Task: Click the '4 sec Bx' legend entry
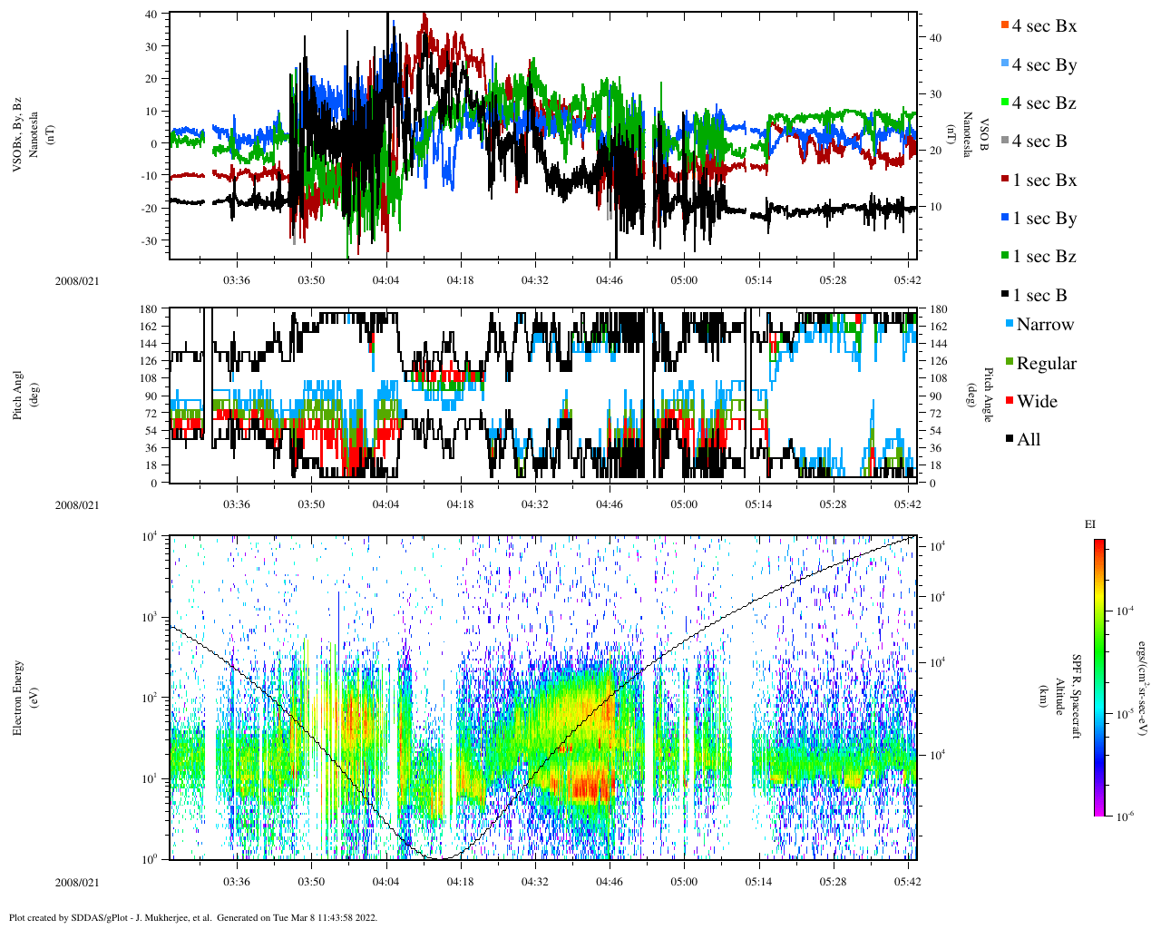tap(1043, 26)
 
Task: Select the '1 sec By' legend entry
tap(1044, 219)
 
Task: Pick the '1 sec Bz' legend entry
tap(1044, 257)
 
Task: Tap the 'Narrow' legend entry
tap(1044, 325)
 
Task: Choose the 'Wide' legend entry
tap(1036, 402)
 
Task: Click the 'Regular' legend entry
tap(1046, 364)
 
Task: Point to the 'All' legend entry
tap(1028, 440)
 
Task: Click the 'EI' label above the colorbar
tap(1090, 524)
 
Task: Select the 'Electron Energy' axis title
tap(18, 697)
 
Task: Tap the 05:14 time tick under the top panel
tap(758, 280)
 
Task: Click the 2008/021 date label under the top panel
tap(76, 281)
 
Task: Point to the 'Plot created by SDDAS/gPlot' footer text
tap(192, 917)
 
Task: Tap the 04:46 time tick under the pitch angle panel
tap(610, 504)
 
